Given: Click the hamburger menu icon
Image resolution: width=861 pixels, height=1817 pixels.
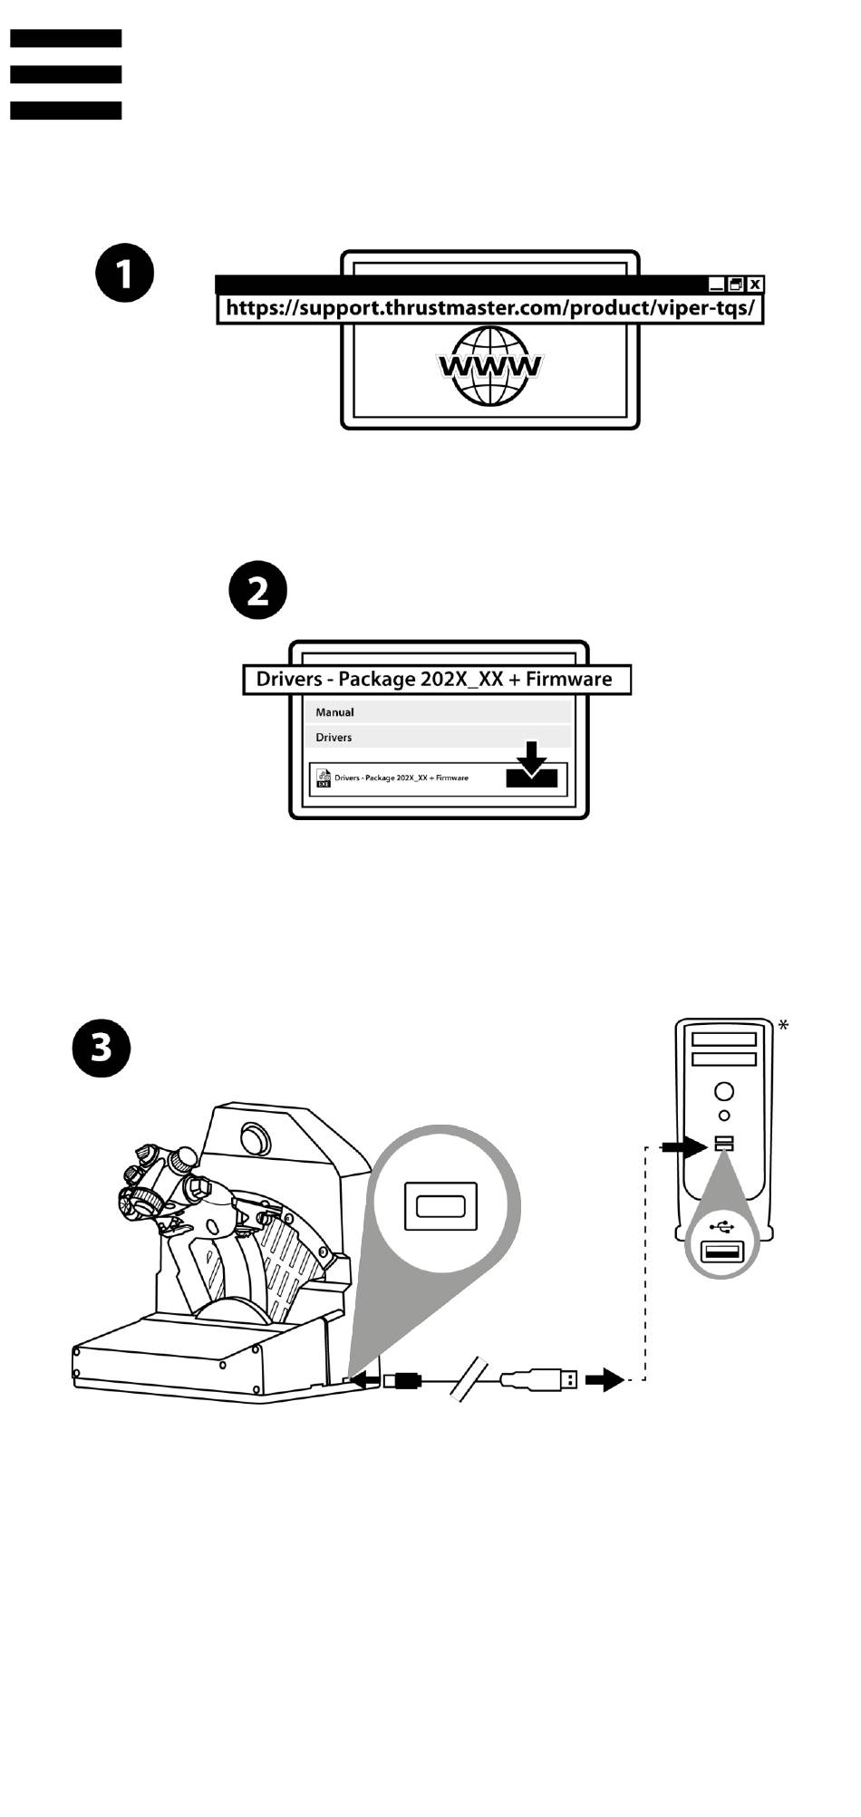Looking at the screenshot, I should (x=65, y=74).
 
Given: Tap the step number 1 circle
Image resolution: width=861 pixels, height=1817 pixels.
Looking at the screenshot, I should (x=124, y=273).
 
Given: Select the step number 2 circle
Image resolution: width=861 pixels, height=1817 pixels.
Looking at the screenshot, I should (x=257, y=591).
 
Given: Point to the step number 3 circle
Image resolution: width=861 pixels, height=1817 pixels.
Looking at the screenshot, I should (x=101, y=1048).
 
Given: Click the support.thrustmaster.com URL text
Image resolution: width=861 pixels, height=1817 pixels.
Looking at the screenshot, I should (x=489, y=308).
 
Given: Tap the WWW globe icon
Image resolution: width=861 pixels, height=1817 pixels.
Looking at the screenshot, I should (x=490, y=366).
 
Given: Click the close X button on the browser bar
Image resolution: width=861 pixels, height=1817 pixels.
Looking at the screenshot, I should (x=755, y=285).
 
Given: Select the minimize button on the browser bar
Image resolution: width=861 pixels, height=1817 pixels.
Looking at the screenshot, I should (x=717, y=285).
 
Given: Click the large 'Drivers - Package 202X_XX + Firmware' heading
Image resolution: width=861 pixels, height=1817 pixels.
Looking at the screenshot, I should (x=435, y=679).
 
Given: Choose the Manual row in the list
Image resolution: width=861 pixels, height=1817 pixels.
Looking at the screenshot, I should (x=438, y=712).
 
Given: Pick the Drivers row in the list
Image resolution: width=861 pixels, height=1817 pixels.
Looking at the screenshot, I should (x=438, y=737).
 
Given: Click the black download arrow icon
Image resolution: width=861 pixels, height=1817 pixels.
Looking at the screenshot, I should (x=532, y=765).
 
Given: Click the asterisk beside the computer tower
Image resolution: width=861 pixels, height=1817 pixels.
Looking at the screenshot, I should (x=783, y=1025).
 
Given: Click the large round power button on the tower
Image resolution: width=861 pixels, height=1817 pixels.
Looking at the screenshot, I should (x=723, y=1090).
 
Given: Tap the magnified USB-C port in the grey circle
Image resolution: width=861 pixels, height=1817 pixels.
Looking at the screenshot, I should (x=440, y=1206).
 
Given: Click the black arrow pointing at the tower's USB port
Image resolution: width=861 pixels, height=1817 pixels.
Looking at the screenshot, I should (x=683, y=1146).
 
